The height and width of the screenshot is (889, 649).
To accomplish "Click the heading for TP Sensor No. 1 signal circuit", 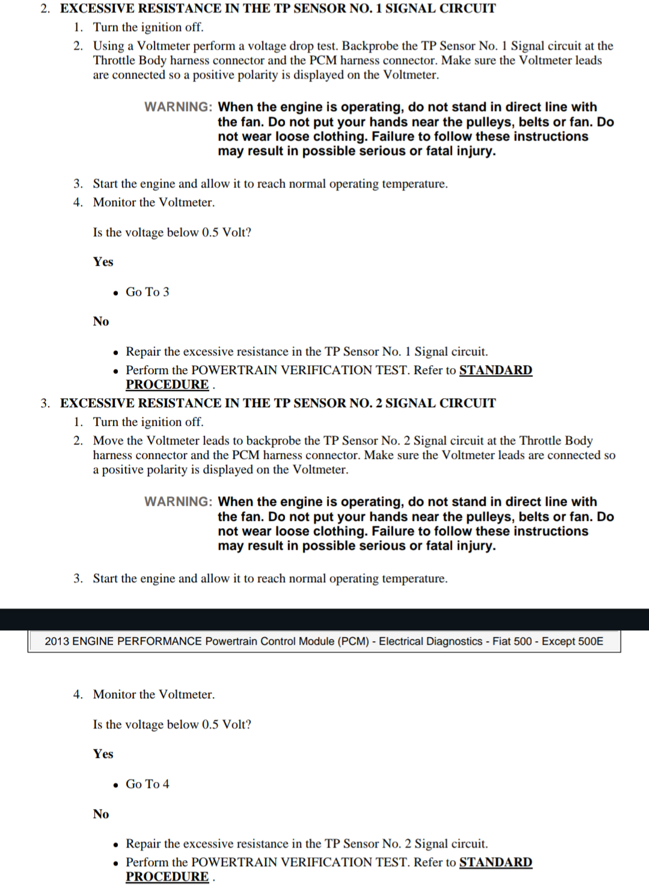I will (278, 8).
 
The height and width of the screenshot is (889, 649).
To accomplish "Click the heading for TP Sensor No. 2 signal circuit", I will (278, 403).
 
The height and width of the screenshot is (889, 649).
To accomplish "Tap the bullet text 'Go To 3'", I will (147, 292).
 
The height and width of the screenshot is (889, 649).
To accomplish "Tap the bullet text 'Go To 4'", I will (147, 784).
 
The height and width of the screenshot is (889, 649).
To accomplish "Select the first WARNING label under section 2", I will (178, 107).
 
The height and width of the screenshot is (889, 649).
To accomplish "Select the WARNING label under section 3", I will (178, 502).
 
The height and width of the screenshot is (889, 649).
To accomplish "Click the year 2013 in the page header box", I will (57, 641).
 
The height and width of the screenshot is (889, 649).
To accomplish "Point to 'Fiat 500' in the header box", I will (512, 641).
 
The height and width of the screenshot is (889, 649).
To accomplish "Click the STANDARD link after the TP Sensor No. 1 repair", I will (495, 370).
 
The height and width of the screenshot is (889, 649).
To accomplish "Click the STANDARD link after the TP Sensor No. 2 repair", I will (495, 862).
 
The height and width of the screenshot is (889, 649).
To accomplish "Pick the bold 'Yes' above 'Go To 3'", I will (103, 262).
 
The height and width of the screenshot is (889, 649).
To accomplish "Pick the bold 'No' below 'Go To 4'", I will (101, 814).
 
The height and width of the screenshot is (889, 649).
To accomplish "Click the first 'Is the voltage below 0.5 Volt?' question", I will (172, 232).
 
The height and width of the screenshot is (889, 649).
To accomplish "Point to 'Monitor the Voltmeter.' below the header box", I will (154, 694).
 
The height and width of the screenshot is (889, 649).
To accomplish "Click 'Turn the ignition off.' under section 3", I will (148, 422).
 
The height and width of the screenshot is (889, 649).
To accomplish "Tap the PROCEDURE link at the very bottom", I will (167, 876).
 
